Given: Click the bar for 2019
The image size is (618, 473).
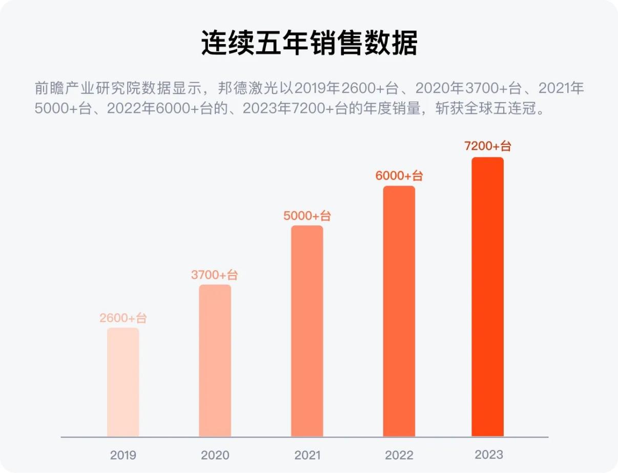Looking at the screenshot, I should [x=123, y=382].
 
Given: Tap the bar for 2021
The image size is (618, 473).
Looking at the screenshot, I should [x=307, y=331].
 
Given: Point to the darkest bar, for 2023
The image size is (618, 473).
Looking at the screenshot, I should [x=487, y=297].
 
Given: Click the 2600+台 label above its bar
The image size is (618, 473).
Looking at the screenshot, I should [x=123, y=318].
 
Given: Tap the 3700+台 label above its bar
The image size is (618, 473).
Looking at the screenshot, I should [x=215, y=275].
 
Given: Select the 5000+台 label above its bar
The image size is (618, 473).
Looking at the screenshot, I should [x=307, y=216].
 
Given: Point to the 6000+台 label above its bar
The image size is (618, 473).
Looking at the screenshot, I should [x=399, y=176].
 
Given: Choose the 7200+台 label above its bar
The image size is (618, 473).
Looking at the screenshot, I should [x=487, y=146].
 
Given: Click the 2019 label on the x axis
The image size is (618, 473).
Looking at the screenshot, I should [x=123, y=455].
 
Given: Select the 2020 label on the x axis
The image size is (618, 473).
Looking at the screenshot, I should [x=215, y=455].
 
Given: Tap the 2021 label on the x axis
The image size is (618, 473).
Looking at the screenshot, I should [x=307, y=455].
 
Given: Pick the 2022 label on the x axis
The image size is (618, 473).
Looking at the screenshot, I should [x=399, y=455].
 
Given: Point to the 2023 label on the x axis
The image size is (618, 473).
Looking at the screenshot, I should [x=489, y=455].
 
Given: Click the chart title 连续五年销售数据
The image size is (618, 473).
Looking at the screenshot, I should [x=309, y=43].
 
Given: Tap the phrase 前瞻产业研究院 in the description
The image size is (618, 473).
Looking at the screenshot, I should [x=78, y=89].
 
